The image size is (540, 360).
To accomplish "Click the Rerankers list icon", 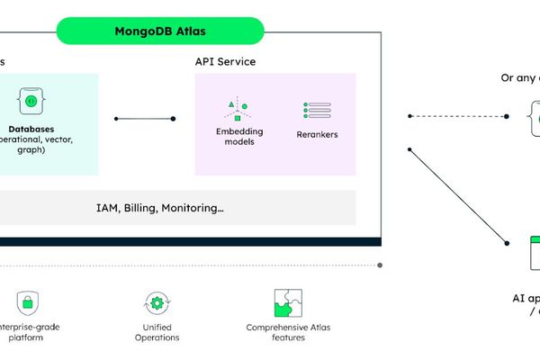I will [x=317, y=110].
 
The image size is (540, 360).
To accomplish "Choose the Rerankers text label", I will [x=317, y=135].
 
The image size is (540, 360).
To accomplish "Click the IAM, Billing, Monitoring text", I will [x=160, y=208].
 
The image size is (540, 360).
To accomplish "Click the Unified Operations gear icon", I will [x=157, y=302].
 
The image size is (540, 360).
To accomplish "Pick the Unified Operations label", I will [x=157, y=332].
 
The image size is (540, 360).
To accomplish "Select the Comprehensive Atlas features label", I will [x=289, y=332].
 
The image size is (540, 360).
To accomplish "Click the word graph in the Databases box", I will [x=31, y=151].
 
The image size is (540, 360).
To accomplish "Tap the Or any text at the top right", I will [x=519, y=77].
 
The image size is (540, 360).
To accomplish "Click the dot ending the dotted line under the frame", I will [x=381, y=265].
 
